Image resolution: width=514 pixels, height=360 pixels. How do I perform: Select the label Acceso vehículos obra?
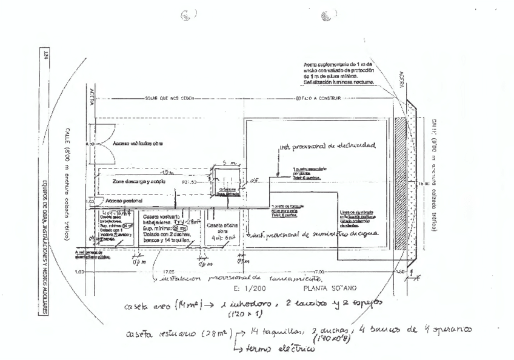click(x=139, y=144)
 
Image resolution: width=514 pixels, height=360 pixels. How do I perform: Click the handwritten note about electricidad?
click(x=327, y=145)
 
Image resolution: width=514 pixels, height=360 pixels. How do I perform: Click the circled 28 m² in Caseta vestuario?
click(x=179, y=228)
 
